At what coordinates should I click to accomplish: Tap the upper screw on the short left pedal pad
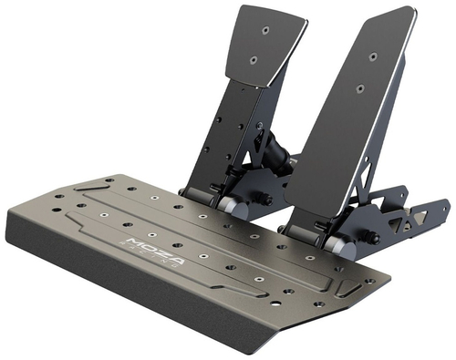264,29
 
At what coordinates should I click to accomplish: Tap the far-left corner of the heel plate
9,219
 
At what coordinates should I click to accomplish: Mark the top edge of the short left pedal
274,6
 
